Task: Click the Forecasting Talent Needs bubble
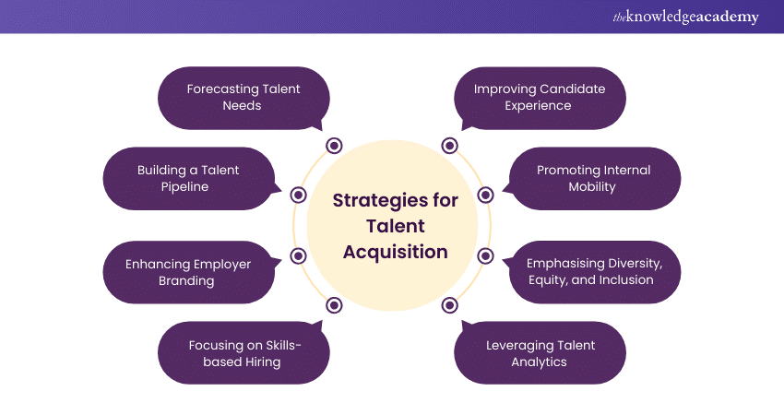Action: [244, 97]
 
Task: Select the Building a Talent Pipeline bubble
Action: [188, 178]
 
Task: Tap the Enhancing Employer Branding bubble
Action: [188, 272]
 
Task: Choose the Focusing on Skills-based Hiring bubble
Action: [244, 353]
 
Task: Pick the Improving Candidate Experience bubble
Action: [540, 97]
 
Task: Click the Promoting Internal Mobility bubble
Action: [594, 178]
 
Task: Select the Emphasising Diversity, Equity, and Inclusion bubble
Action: [594, 272]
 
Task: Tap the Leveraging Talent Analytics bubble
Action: [540, 353]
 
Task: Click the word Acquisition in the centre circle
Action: [396, 252]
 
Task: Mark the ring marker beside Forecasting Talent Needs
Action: [334, 146]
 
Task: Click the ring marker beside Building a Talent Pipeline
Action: [298, 195]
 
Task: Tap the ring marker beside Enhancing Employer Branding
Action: [298, 256]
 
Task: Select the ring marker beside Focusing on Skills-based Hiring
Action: [334, 305]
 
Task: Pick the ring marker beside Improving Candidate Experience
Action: [449, 146]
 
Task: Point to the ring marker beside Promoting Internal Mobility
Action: [485, 195]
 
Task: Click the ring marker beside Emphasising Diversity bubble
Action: [485, 256]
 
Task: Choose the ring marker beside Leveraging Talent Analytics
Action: [449, 305]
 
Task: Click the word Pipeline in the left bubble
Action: [188, 186]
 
